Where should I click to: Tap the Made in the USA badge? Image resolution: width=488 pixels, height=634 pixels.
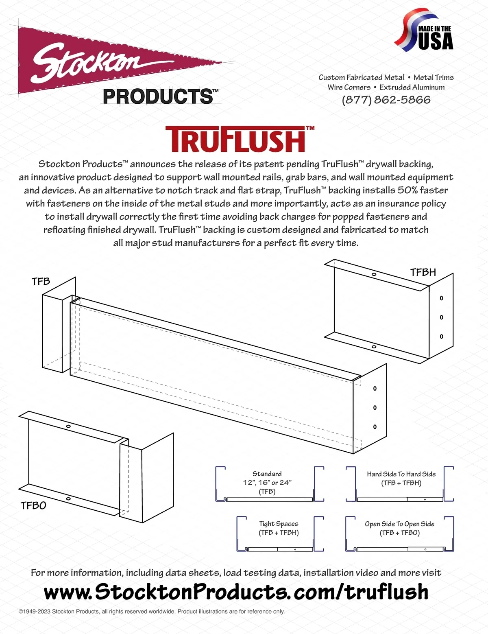pos(424,30)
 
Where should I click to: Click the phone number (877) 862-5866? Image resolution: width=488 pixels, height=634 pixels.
pos(386,100)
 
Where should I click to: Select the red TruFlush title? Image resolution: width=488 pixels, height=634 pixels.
pos(240,139)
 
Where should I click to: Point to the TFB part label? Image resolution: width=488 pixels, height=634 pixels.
pos(41,281)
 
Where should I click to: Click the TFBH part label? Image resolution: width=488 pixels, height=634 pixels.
pos(423,272)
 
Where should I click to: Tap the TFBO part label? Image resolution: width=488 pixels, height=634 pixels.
pos(33,505)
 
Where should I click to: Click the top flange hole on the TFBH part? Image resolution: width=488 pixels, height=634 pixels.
pos(374,274)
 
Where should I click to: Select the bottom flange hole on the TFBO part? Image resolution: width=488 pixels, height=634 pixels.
pos(68,498)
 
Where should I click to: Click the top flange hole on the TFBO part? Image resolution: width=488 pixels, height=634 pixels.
pos(68,426)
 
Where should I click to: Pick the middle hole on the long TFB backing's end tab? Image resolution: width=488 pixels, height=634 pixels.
pos(375,408)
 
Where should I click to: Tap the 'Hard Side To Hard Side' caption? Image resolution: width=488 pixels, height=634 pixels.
pos(401,474)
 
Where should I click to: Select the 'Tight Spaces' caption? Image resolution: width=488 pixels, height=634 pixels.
pos(279,524)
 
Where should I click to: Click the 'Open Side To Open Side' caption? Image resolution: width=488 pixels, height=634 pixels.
pos(400,524)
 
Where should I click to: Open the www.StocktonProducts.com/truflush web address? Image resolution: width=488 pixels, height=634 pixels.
pos(236,591)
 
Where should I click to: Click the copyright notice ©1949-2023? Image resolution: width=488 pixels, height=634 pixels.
pos(152,611)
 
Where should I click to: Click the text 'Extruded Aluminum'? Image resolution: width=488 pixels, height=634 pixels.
pos(412,87)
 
